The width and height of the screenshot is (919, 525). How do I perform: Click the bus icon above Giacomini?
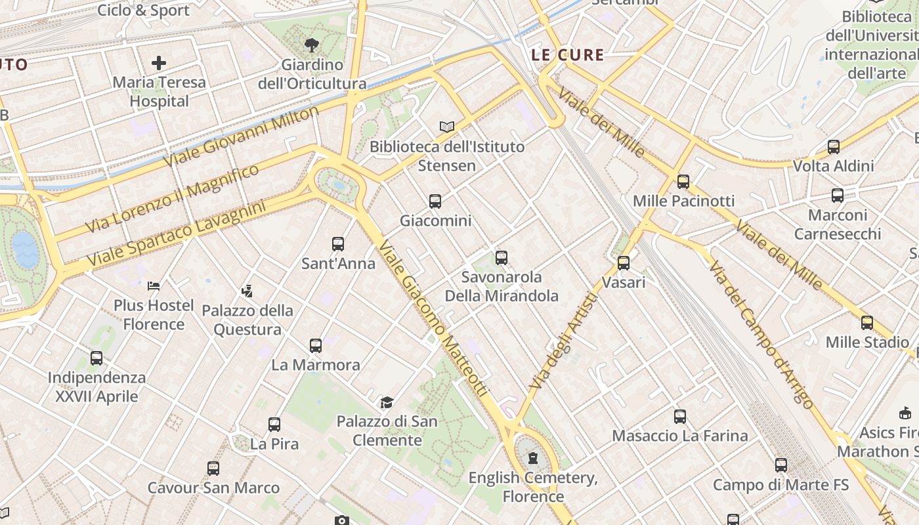tap(435, 201)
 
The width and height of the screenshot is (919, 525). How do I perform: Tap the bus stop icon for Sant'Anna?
tap(338, 244)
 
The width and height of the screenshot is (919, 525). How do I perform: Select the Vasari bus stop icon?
tap(624, 262)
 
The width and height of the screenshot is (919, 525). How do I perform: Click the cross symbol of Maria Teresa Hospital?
tap(159, 63)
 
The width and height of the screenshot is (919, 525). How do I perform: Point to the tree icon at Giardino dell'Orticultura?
tap(312, 45)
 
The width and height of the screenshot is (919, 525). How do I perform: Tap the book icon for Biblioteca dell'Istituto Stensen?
tap(447, 127)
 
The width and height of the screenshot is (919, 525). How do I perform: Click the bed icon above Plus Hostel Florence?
tap(154, 286)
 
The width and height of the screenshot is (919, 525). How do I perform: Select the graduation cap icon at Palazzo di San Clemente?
tap(387, 402)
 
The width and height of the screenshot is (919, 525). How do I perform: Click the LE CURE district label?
tap(567, 55)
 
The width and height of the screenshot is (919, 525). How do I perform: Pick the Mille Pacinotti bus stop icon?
tap(683, 182)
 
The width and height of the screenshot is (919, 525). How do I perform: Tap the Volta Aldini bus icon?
tap(834, 147)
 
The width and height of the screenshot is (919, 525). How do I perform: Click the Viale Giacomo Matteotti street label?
tap(434, 319)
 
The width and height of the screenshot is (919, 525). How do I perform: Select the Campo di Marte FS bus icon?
tap(780, 465)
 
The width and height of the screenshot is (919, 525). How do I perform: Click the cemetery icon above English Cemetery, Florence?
tap(533, 458)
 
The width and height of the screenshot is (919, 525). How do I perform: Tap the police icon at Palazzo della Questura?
tap(247, 291)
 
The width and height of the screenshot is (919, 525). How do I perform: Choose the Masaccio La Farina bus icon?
tap(680, 416)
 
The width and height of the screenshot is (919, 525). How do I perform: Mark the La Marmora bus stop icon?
tap(316, 345)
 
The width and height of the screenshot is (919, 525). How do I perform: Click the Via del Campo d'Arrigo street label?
tap(761, 335)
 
